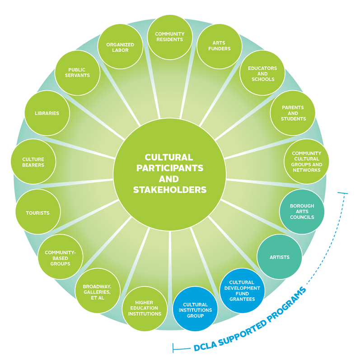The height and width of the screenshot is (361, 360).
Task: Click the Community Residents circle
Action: pyautogui.click(x=169, y=37)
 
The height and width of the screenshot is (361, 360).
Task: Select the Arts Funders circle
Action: pyautogui.click(x=219, y=46)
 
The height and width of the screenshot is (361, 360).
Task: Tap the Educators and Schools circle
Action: pyautogui.click(x=262, y=74)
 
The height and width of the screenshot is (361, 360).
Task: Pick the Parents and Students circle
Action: pyautogui.click(x=293, y=113)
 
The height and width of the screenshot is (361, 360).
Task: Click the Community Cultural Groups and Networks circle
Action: pyautogui.click(x=306, y=162)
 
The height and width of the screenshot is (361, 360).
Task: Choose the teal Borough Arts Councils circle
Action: pyautogui.click(x=302, y=211)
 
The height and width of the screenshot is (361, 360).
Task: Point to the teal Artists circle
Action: pyautogui.click(x=279, y=257)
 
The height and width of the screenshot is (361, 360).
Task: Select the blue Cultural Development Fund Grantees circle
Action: pyautogui.click(x=242, y=291)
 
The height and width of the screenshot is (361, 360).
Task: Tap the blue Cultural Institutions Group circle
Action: pyautogui.click(x=195, y=310)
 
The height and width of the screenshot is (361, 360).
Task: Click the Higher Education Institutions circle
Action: pyautogui.click(x=145, y=308)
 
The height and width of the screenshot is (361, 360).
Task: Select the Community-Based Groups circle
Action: pyautogui.click(x=61, y=258)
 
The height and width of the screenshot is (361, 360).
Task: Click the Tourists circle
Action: pyautogui.click(x=38, y=213)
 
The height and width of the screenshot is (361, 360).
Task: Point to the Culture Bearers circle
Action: pyautogui.click(x=33, y=162)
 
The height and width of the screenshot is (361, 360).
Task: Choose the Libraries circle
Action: pyautogui.click(x=47, y=113)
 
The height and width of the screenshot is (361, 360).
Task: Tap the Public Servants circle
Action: pyautogui.click(x=79, y=73)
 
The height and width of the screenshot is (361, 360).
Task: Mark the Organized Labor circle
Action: pyautogui.click(x=120, y=47)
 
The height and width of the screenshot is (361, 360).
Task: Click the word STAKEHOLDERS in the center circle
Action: pyautogui.click(x=169, y=190)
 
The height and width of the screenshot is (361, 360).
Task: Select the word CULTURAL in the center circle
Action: pyautogui.click(x=168, y=157)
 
